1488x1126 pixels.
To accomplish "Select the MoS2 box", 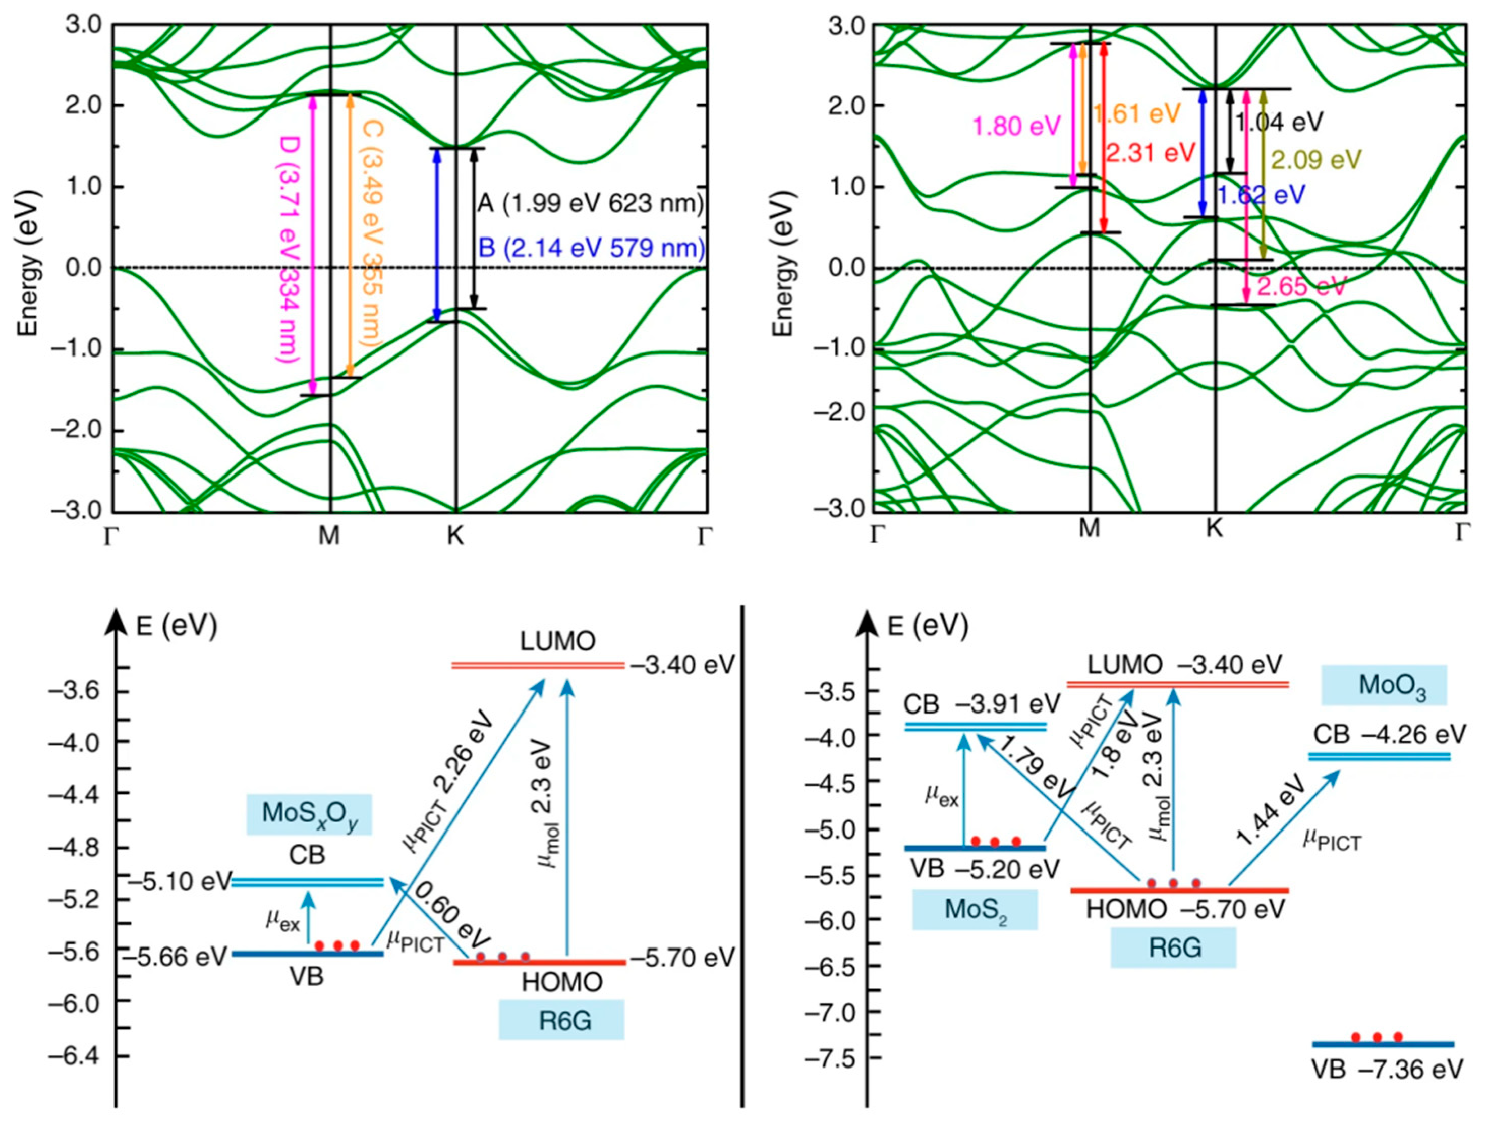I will [x=975, y=910].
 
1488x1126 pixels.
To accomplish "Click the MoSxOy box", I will [x=309, y=814].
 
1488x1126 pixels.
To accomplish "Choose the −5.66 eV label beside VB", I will [x=182, y=957].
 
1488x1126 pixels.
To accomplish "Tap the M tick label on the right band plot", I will [x=1089, y=529].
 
